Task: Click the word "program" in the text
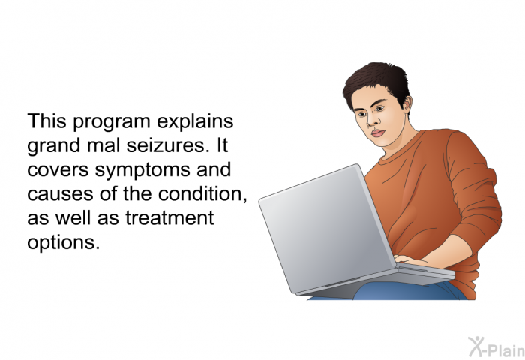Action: click(112, 122)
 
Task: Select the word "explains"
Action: click(195, 122)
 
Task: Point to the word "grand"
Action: click(53, 146)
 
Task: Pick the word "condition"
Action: click(202, 193)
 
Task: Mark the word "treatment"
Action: click(169, 218)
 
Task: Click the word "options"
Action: click(64, 243)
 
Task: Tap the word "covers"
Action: click(58, 170)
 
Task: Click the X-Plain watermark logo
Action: click(496, 347)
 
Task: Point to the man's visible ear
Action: click(407, 104)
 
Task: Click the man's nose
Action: click(371, 121)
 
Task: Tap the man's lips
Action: click(378, 133)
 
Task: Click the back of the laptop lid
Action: click(326, 228)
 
